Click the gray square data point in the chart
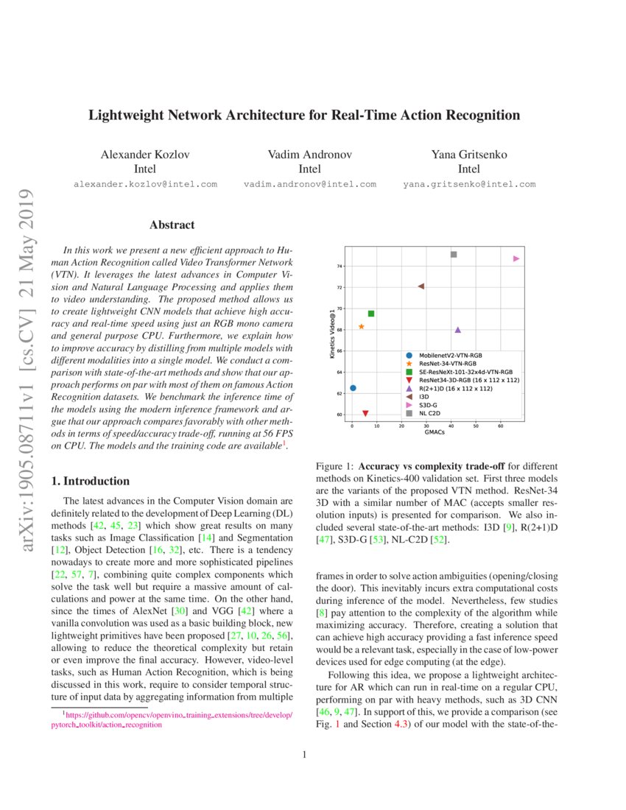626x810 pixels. pos(454,255)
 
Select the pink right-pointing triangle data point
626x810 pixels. pos(516,258)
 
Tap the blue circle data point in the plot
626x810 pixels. pos(353,387)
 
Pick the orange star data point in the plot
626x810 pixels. pos(362,326)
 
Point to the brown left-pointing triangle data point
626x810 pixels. pos(421,286)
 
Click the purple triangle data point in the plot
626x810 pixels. pos(458,330)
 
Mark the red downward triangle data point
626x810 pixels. pos(365,414)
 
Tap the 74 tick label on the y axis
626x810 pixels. pos(340,266)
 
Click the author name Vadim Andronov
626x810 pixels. pos(309,155)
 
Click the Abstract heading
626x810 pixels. pos(172,225)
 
